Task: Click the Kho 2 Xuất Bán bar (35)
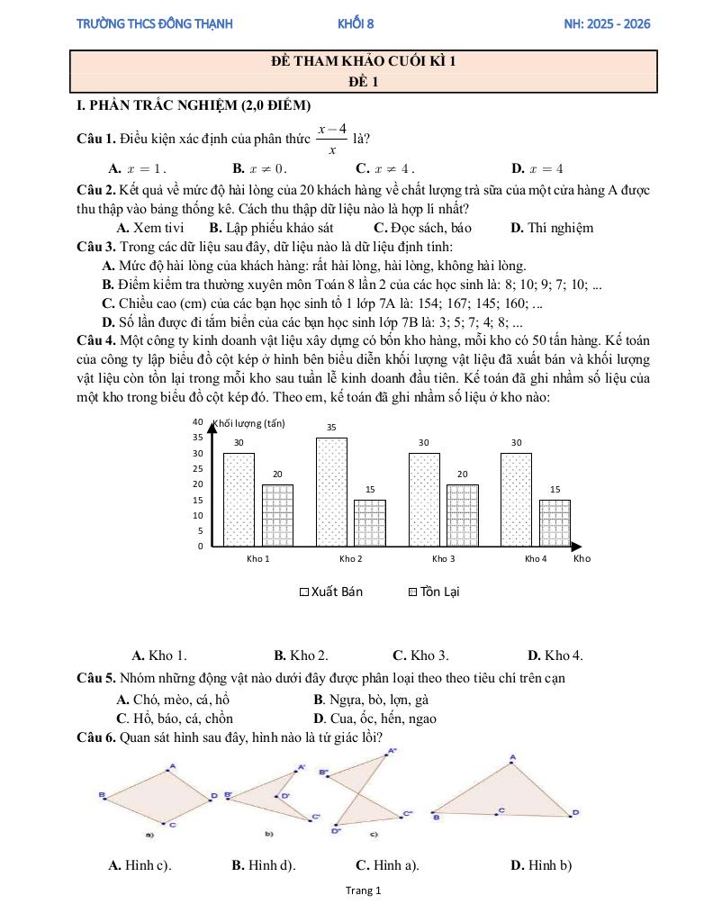point(331,491)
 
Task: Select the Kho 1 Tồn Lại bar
point(277,515)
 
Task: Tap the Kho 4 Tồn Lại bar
point(555,522)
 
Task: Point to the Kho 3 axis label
point(443,559)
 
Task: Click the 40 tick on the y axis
point(198,421)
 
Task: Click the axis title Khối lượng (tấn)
point(248,422)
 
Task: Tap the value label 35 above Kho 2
point(331,427)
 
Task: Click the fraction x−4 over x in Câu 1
point(332,140)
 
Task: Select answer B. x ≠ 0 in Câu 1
point(259,168)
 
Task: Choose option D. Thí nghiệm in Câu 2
point(552,228)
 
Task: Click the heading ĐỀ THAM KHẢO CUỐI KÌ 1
point(364,62)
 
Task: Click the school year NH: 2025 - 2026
point(607,23)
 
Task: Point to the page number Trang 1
point(364,890)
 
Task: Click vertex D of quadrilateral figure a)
point(214,796)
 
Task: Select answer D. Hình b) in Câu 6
point(541,865)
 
